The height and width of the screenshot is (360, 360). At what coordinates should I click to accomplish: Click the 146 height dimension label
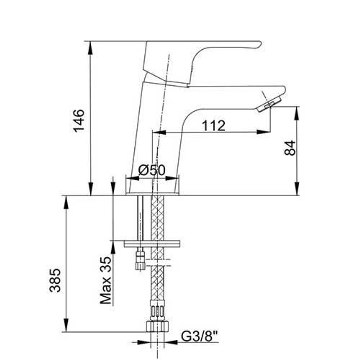(79, 121)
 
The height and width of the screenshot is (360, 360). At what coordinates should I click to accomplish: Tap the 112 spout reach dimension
(213, 126)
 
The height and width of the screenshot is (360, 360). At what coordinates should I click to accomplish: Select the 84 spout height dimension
(290, 148)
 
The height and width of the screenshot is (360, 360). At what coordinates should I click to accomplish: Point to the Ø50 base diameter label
(152, 170)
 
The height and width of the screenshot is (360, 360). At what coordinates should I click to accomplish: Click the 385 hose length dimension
(55, 280)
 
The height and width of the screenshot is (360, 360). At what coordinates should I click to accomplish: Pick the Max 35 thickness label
(106, 280)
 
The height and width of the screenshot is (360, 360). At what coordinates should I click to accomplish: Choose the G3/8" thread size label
(199, 336)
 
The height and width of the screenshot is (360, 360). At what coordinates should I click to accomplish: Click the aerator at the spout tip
(269, 104)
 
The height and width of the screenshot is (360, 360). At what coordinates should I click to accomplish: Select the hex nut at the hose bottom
(157, 327)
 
